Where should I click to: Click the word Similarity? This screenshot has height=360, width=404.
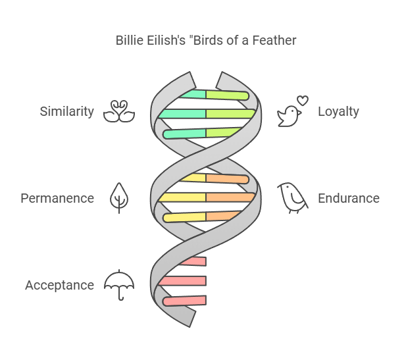click(66, 111)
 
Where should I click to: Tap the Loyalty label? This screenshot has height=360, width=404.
click(338, 111)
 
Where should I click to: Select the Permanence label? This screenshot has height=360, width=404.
click(57, 198)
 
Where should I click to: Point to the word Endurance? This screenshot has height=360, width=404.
click(349, 198)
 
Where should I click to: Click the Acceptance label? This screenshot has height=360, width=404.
click(59, 285)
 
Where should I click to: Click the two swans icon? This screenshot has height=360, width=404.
click(119, 111)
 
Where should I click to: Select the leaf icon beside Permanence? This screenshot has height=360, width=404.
click(119, 197)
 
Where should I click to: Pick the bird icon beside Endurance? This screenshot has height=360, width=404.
click(292, 197)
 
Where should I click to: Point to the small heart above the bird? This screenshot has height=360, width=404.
click(302, 101)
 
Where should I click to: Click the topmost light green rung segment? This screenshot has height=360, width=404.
click(227, 95)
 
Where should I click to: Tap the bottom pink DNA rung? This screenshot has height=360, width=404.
click(185, 301)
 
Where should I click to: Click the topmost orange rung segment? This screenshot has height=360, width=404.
click(227, 179)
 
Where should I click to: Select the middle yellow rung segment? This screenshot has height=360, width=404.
click(182, 197)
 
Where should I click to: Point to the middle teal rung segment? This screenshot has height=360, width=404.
click(182, 114)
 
